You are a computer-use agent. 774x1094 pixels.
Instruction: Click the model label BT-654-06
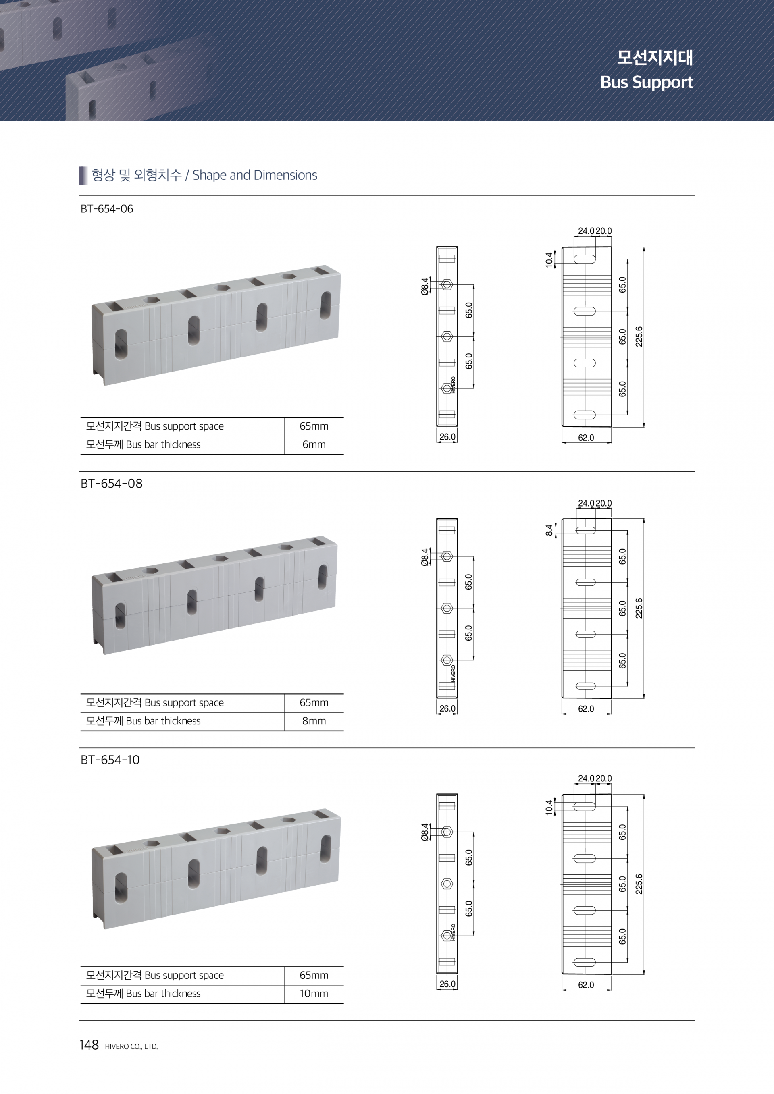click(107, 209)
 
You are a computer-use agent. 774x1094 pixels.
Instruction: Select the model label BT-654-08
click(112, 483)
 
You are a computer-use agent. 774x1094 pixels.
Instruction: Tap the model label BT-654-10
click(110, 760)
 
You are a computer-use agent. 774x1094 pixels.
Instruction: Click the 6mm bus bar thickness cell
click(314, 444)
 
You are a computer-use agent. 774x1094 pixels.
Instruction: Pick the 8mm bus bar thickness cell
click(314, 721)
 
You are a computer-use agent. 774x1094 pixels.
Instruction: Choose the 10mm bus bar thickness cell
click(314, 993)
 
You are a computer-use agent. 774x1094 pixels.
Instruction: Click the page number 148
click(89, 1045)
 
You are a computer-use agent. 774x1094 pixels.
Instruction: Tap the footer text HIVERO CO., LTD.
click(131, 1047)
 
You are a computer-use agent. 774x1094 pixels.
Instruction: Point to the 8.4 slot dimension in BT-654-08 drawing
click(549, 530)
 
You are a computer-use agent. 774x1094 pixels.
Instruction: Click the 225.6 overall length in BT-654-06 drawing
click(639, 336)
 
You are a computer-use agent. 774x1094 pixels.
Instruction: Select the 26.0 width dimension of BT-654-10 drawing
click(447, 984)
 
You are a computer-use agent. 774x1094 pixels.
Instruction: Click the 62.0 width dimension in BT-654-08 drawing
click(586, 708)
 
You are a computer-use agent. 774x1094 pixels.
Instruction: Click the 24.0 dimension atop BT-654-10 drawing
click(586, 778)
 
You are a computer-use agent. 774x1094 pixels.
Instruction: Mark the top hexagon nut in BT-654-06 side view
click(447, 285)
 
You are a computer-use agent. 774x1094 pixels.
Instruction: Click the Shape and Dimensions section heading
click(204, 175)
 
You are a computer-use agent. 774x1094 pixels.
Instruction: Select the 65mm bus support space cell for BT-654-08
click(314, 702)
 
